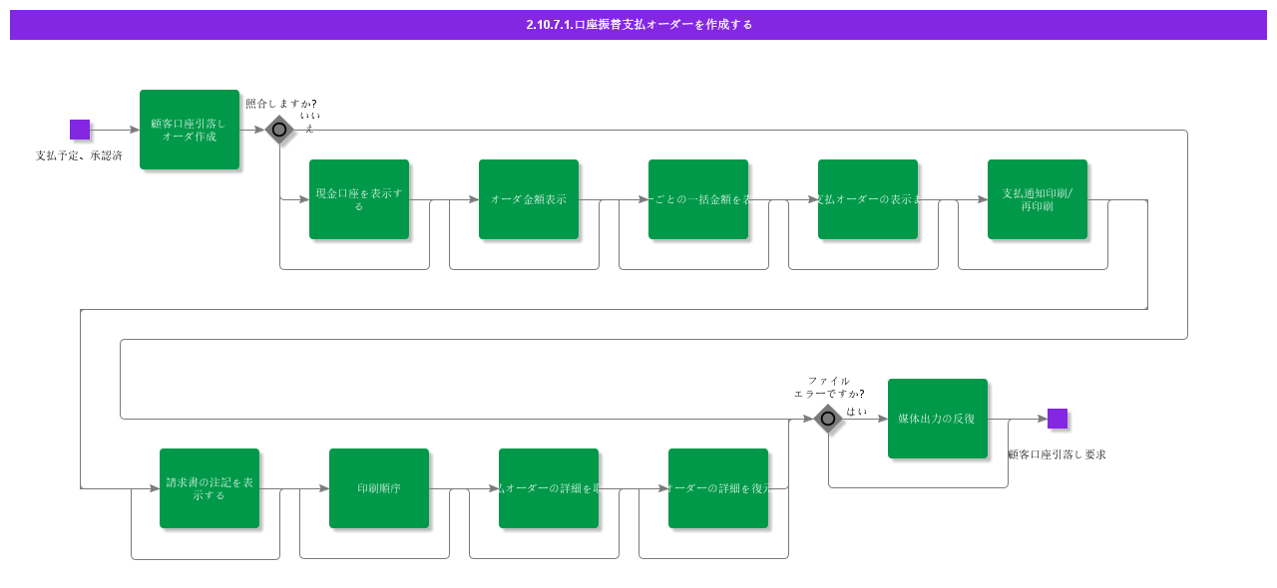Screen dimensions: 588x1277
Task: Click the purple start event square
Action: tap(80, 130)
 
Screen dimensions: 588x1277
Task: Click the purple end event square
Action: tap(1058, 419)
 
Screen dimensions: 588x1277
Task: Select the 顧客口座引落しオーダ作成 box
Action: tap(190, 130)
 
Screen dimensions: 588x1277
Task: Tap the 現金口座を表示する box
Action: tap(359, 199)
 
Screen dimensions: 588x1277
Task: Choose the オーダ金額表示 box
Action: tap(529, 199)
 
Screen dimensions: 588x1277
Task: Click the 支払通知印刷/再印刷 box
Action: tap(1038, 199)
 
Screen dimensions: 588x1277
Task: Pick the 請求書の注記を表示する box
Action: tap(210, 488)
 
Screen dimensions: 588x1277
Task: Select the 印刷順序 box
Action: tap(379, 488)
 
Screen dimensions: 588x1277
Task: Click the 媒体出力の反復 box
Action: tap(938, 419)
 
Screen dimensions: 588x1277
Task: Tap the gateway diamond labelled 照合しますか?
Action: tap(279, 130)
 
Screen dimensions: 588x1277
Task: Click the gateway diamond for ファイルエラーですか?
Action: tap(828, 419)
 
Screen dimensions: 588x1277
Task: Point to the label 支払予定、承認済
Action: tap(79, 155)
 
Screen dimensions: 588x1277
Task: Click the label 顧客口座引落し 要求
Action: tap(1057, 454)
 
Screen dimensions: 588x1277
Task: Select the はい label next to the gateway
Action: tap(857, 411)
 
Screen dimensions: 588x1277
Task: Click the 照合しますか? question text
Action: tap(281, 104)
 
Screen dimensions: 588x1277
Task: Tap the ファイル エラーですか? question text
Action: tap(829, 387)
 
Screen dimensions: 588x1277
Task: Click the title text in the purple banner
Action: tap(638, 25)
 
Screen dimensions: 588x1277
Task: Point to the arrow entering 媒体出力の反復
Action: tap(868, 419)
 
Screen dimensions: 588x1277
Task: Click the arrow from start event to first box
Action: tap(115, 130)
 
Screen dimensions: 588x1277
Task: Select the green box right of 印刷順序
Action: tap(549, 488)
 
